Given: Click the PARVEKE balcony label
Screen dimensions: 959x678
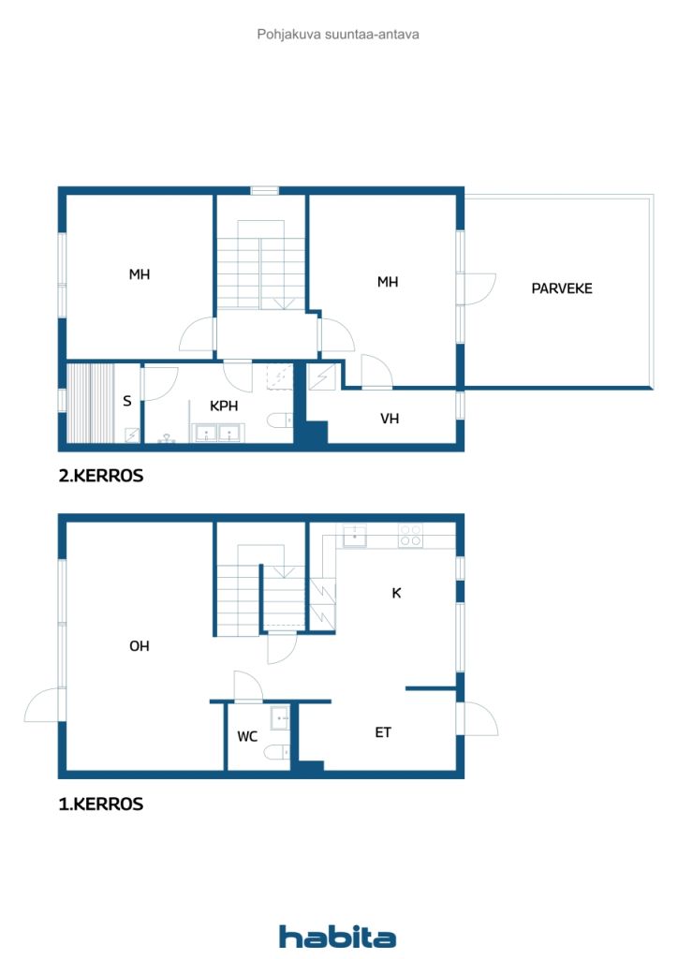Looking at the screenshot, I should click(562, 288).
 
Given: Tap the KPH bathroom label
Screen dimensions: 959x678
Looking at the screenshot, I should click(224, 406).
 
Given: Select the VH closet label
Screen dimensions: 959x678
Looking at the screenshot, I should click(390, 419).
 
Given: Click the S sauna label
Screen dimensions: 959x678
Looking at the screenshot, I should click(126, 401).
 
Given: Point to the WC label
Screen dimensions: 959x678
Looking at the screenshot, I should click(247, 737).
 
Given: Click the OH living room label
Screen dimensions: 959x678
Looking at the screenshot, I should click(140, 646).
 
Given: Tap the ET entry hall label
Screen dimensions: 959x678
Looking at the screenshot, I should click(383, 732).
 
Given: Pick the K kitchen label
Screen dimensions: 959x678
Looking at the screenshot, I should click(396, 593).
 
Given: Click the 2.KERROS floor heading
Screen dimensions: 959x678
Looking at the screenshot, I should click(101, 476).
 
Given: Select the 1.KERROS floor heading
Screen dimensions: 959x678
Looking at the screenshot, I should click(101, 804).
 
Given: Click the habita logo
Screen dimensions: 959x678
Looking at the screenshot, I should click(338, 937).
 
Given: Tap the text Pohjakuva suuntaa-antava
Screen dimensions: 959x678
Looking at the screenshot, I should click(338, 34).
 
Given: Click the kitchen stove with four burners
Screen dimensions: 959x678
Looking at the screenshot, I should click(411, 536).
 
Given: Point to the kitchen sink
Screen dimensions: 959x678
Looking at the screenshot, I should click(354, 536).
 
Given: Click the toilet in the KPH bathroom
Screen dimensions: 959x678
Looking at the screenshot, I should click(279, 420).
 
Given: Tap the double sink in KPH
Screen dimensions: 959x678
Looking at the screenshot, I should click(217, 433).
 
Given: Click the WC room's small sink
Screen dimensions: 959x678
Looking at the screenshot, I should click(279, 719).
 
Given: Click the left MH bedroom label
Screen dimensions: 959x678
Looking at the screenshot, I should click(140, 274).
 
